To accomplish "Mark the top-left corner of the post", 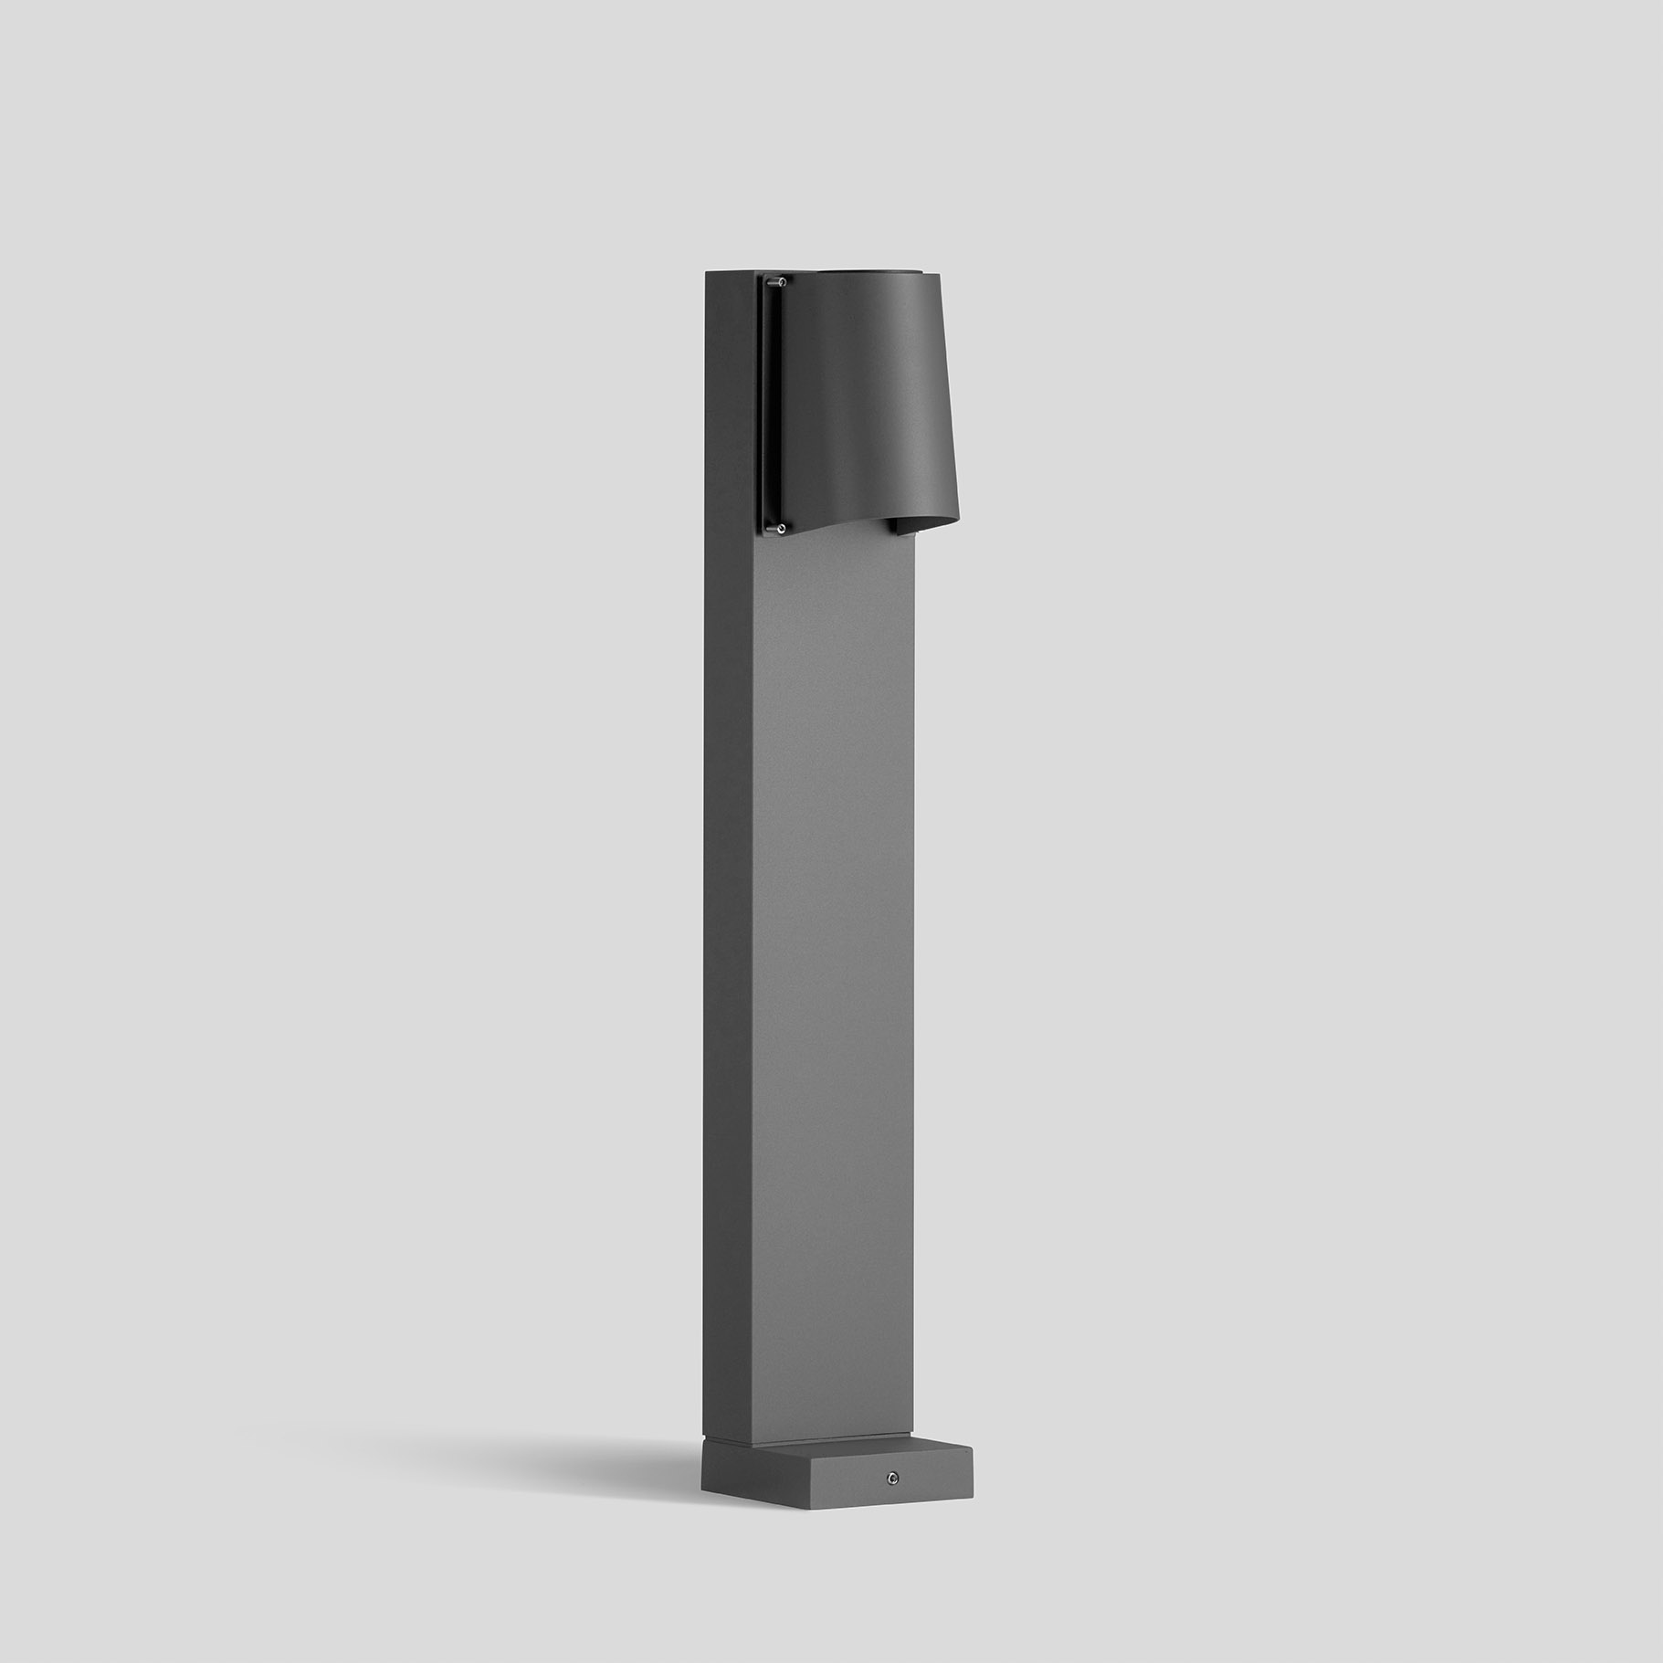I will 705,270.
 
